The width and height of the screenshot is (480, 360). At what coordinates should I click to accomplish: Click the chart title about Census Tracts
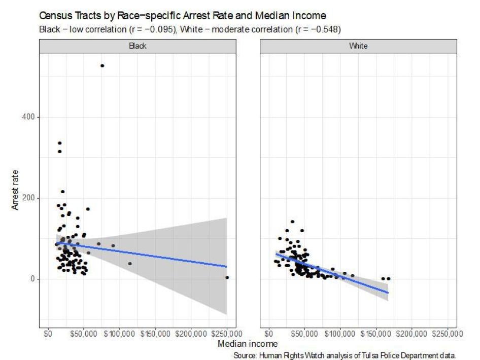click(x=182, y=16)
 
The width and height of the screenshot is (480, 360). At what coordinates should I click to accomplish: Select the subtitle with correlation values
click(x=190, y=29)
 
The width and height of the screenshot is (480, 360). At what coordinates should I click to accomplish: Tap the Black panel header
click(x=138, y=46)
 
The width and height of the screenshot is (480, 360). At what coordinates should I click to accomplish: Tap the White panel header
click(x=358, y=46)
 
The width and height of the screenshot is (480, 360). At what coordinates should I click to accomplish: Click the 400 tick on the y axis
click(x=29, y=117)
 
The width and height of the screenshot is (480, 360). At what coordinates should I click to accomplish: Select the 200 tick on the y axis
click(x=29, y=198)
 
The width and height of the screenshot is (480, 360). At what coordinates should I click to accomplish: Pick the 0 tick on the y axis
click(x=33, y=279)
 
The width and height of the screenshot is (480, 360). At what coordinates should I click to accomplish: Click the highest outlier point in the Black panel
click(x=102, y=66)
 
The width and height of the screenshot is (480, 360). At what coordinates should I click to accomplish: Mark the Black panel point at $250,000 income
click(x=227, y=277)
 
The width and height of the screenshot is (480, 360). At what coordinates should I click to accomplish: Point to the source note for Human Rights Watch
click(x=345, y=355)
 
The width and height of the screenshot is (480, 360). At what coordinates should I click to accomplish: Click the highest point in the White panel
click(x=292, y=222)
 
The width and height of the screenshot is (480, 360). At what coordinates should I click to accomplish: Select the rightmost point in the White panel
click(x=389, y=278)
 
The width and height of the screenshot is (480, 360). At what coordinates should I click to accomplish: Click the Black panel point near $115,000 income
click(x=130, y=264)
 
